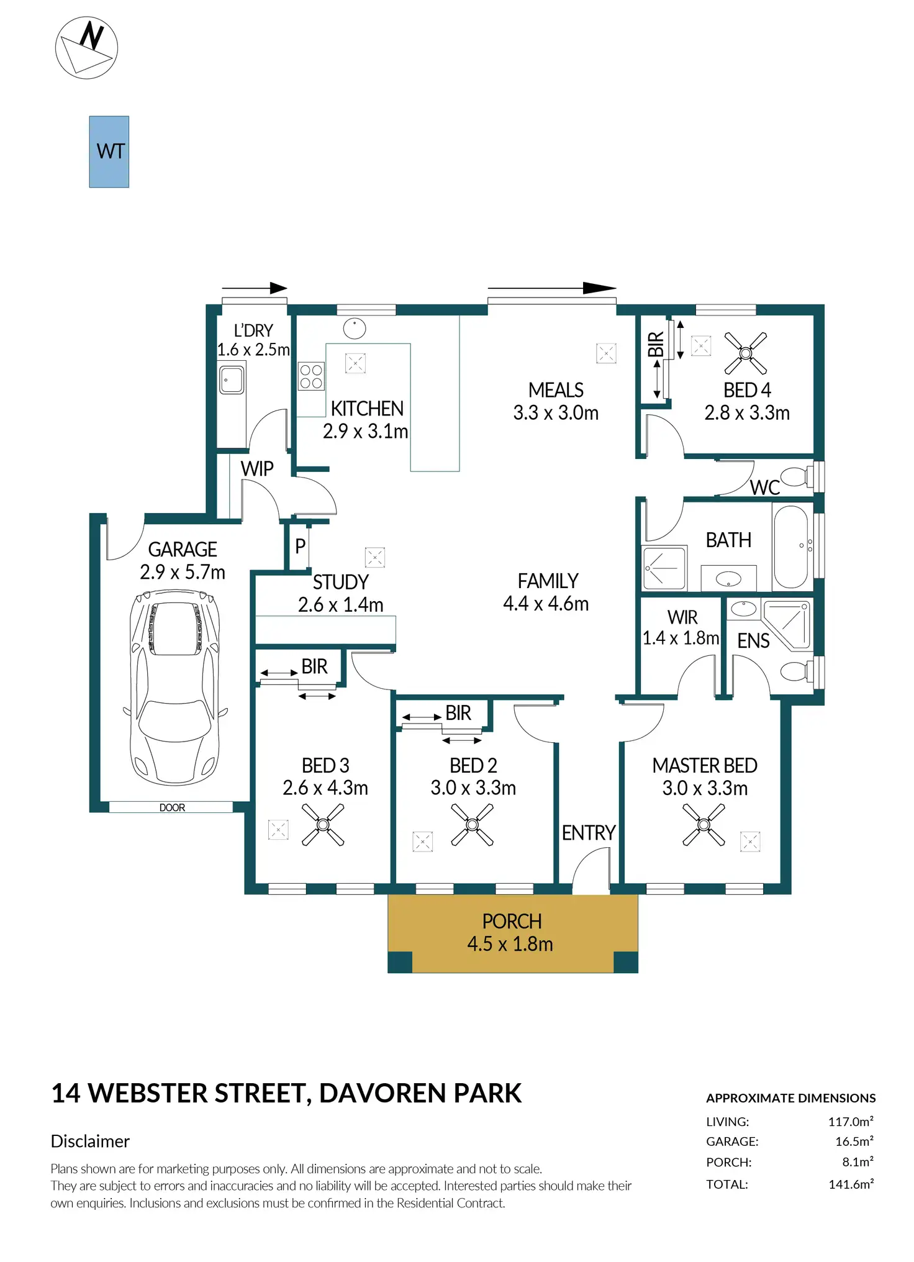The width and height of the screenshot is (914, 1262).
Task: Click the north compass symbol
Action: point(86,48)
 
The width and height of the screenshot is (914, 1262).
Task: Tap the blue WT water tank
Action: point(109,152)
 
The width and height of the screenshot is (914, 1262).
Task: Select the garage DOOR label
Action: point(172,807)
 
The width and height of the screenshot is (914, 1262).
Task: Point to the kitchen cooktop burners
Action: point(311,376)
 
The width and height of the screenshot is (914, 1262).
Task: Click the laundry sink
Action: point(232,379)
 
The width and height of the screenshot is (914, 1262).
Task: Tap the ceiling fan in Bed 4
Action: point(746,353)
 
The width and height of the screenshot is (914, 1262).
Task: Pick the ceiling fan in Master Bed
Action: point(704,825)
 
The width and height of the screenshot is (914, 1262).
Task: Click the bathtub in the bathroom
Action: point(791,547)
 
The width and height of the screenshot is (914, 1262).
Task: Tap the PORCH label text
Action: point(512,921)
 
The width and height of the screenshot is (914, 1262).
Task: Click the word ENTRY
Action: point(589,833)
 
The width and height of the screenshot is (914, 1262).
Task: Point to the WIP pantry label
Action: point(257,468)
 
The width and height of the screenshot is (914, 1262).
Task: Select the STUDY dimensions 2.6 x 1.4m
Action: point(340,604)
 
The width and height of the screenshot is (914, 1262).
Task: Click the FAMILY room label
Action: point(548,581)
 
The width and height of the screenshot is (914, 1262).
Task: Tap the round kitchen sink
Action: point(355,329)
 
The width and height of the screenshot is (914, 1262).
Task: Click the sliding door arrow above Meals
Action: point(552,288)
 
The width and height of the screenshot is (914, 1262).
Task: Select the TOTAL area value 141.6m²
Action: point(851,1184)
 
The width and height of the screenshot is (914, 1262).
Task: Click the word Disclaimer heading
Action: point(90,1141)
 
